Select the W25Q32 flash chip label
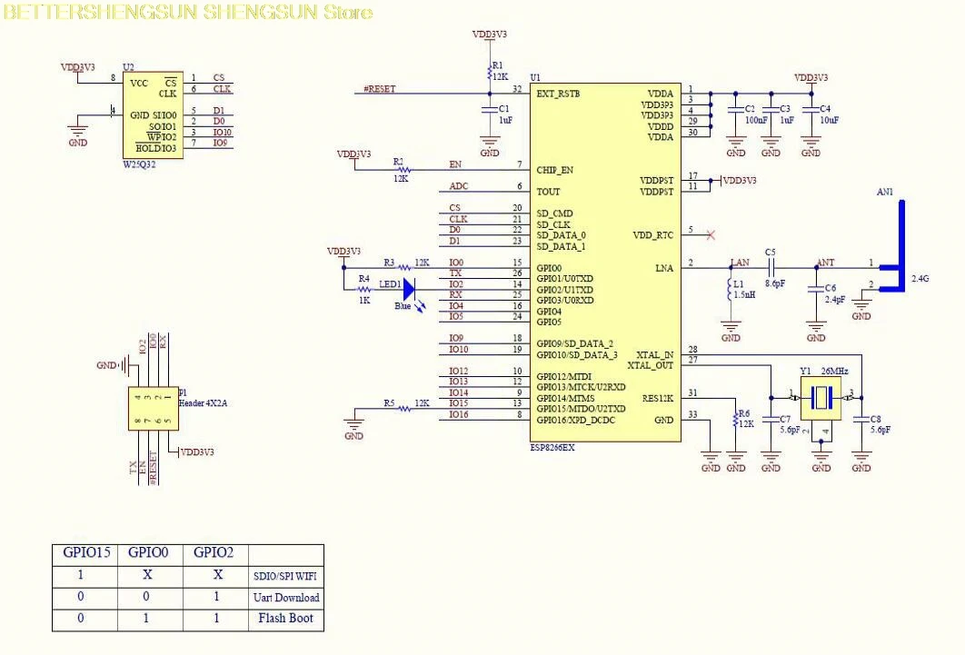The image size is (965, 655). click(x=140, y=165)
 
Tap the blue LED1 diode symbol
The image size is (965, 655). click(x=408, y=289)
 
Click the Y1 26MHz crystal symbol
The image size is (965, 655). click(x=821, y=397)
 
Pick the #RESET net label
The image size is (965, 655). click(x=379, y=89)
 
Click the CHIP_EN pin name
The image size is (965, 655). click(x=555, y=170)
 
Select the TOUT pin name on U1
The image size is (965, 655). click(x=549, y=192)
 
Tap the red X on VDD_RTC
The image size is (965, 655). click(x=711, y=235)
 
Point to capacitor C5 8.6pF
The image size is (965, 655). click(x=771, y=266)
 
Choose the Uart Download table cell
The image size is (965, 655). click(x=285, y=598)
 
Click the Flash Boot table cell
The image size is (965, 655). click(x=285, y=619)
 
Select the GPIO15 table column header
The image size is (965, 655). click(x=86, y=553)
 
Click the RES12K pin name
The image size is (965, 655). click(x=657, y=398)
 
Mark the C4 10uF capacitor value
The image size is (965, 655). click(x=829, y=120)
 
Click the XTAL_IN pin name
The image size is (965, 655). click(x=654, y=354)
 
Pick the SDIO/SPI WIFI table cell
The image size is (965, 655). click(x=285, y=577)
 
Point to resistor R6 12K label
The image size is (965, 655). click(x=745, y=419)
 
